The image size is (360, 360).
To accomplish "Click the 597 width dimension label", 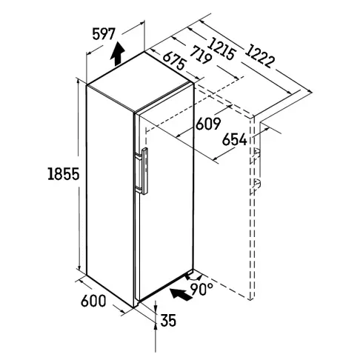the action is tap(104, 34).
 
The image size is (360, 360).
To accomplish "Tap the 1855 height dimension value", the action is tap(64, 173).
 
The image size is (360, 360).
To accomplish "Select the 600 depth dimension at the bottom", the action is tap(93, 301).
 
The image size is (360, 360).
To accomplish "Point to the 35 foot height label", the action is tap(168, 320).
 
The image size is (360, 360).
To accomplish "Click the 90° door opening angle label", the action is tap(201, 289).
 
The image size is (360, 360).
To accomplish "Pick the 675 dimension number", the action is tap(174, 61).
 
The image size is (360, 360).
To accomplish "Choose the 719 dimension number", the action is tap(201, 55).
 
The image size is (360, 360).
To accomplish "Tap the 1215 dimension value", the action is tap(221, 49).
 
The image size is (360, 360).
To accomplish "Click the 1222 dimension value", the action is tap(260, 56).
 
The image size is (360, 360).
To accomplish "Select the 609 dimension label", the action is tap(208, 124).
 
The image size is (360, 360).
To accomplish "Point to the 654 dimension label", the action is tap(234, 139).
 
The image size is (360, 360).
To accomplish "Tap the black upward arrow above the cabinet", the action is tap(117, 54).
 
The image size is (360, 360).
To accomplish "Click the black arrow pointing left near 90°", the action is tap(181, 294).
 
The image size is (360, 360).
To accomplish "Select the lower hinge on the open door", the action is tap(257, 184).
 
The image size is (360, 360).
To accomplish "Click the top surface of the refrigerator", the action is tap(139, 81).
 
